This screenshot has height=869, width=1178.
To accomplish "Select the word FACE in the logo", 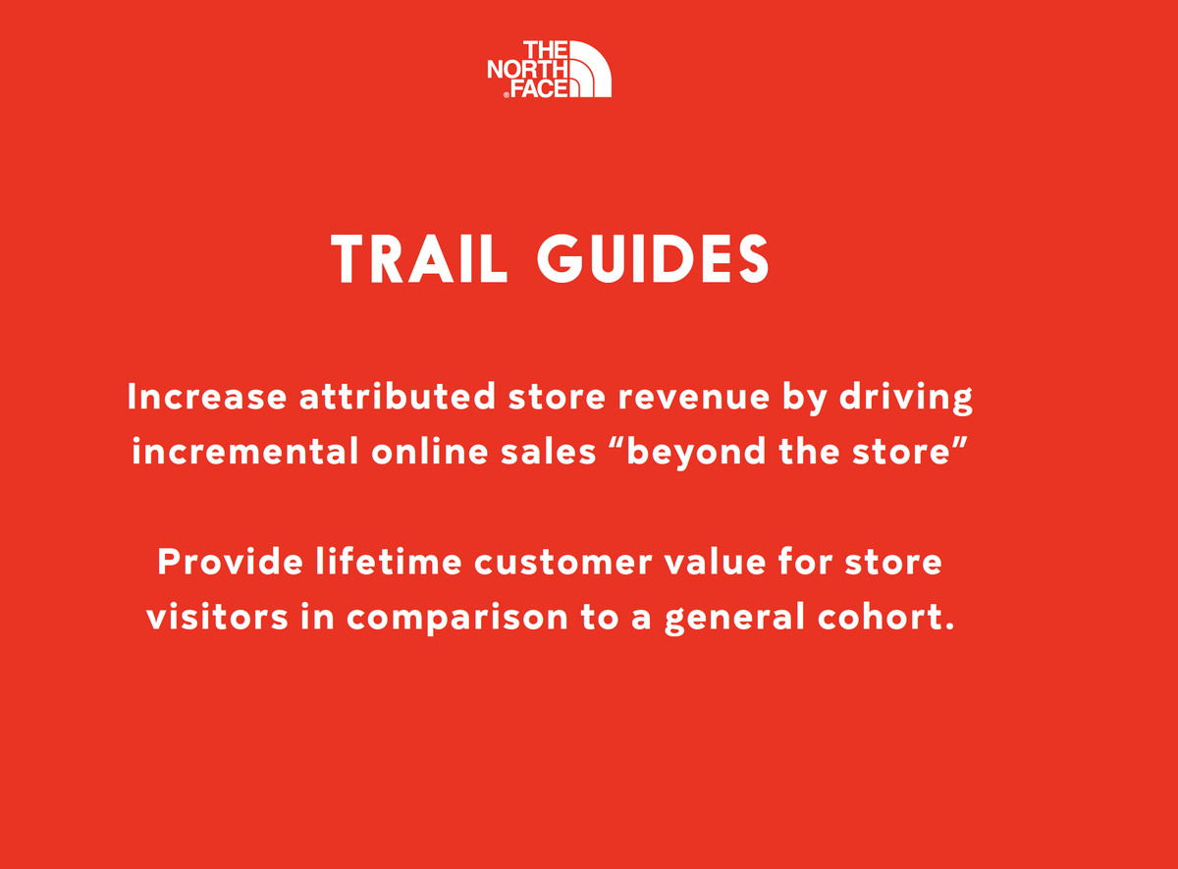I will click(x=539, y=88).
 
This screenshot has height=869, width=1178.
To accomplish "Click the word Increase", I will click(x=207, y=398).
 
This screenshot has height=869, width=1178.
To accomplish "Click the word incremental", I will click(x=242, y=453).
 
